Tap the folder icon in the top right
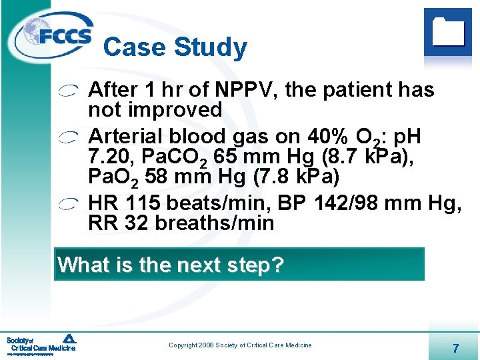[447, 31]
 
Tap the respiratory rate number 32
[136, 223]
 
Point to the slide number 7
[455, 347]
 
